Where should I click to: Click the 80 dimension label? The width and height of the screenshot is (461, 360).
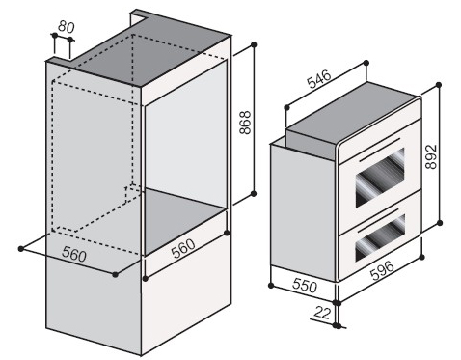(x=67, y=27)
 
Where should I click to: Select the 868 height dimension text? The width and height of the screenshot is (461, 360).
(x=245, y=123)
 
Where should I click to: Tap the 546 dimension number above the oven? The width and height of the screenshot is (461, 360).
(x=319, y=79)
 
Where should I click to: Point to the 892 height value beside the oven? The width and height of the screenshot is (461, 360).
(x=431, y=156)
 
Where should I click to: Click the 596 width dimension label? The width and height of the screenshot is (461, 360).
(x=382, y=270)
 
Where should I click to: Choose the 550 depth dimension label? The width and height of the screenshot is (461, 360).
(x=305, y=285)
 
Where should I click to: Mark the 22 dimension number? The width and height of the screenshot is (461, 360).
(x=322, y=313)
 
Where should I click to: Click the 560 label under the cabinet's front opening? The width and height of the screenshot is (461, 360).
(x=183, y=248)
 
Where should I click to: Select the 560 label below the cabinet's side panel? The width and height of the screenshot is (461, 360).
(x=74, y=254)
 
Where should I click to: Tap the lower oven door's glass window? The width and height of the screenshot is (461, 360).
(x=380, y=237)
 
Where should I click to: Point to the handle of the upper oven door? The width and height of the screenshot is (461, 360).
(x=380, y=150)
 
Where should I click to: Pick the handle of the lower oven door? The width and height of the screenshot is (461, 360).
(x=380, y=220)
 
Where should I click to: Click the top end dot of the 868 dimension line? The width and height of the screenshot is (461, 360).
(x=254, y=44)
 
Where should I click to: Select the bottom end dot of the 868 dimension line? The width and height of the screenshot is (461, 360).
(x=254, y=193)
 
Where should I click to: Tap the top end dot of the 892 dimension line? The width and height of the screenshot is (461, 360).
(x=439, y=85)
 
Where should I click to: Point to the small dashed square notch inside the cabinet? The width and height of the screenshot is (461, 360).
(x=133, y=192)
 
